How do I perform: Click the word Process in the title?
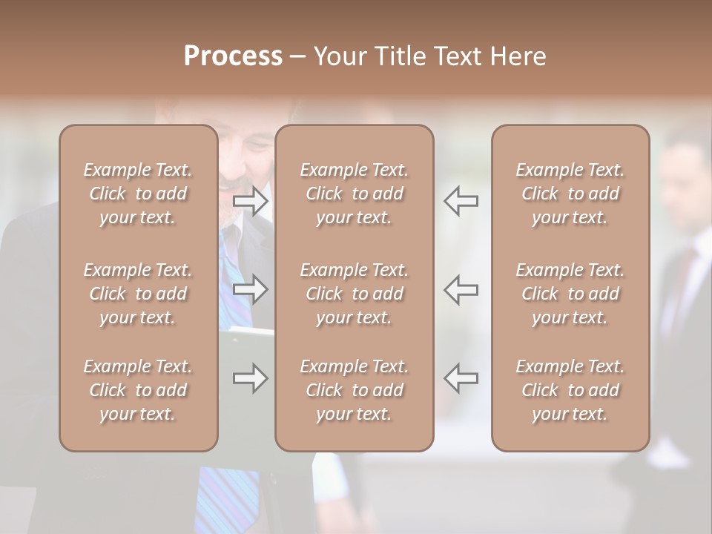tap(233, 56)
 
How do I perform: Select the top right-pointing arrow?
tap(251, 201)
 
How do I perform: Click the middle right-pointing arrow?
tap(251, 289)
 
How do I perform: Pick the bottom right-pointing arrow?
tap(251, 378)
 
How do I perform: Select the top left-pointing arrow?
tap(461, 201)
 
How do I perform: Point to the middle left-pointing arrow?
tap(461, 289)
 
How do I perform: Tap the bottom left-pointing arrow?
tap(461, 378)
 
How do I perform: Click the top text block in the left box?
tap(138, 194)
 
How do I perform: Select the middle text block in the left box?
tap(138, 294)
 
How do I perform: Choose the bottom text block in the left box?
tap(138, 390)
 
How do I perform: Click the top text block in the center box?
tap(354, 194)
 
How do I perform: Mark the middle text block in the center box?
tap(354, 294)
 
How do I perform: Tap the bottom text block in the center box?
tap(354, 390)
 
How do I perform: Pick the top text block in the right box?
tap(570, 194)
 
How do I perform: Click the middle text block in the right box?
tap(570, 294)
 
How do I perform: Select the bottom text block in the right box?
tap(570, 390)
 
